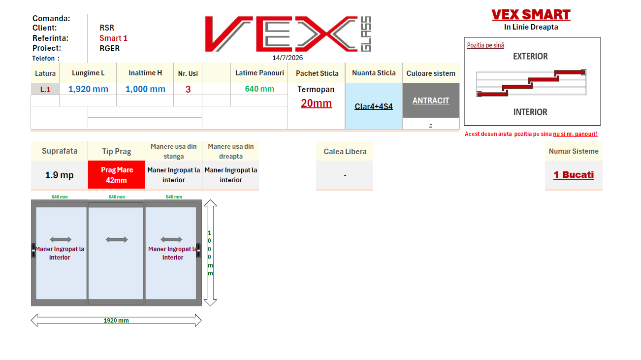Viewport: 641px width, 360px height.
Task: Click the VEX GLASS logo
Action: (288, 34)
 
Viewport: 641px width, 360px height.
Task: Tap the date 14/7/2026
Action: (288, 58)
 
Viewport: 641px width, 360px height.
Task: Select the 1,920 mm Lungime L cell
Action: (88, 89)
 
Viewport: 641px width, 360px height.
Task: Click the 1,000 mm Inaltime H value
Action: (145, 89)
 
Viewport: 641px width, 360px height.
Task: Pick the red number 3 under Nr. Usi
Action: (188, 89)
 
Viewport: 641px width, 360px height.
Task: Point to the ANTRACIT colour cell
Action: (431, 100)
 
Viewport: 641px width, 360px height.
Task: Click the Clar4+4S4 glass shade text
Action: (374, 106)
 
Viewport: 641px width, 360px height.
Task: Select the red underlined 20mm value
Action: (316, 103)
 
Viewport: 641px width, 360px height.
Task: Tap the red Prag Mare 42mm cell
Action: (117, 175)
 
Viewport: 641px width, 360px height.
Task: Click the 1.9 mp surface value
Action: (59, 175)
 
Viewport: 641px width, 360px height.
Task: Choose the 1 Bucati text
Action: (574, 174)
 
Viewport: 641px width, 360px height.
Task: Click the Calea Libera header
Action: (345, 151)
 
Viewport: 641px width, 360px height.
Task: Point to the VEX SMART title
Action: (531, 15)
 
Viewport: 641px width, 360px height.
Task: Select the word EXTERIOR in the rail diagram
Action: (530, 56)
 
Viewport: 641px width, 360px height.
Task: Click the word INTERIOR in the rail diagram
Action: (530, 112)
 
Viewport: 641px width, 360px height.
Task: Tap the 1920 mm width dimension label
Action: (116, 321)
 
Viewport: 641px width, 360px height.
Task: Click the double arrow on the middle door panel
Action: (117, 239)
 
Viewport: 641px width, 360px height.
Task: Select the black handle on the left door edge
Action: (33, 251)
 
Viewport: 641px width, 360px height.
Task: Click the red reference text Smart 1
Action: (113, 38)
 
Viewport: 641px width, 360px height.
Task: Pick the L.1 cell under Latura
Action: (45, 89)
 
